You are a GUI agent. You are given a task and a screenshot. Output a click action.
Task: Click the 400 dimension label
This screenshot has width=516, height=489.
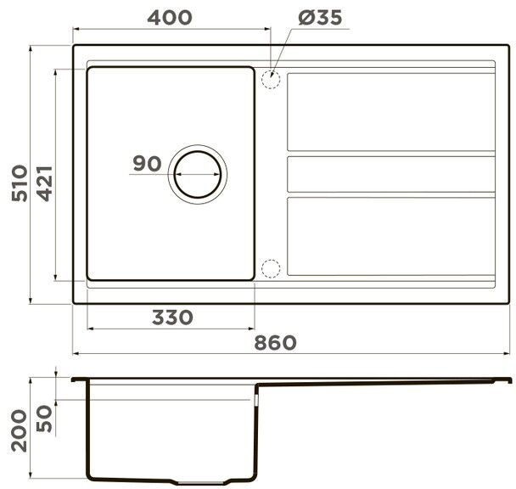click(170, 18)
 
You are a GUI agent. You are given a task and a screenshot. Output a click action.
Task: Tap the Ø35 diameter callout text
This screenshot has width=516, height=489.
click(320, 18)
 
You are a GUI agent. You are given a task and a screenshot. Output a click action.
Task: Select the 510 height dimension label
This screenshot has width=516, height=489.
click(20, 183)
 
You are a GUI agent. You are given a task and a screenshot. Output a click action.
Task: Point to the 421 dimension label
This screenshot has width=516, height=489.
click(44, 183)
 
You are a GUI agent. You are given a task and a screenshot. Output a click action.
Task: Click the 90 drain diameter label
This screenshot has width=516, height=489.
click(147, 163)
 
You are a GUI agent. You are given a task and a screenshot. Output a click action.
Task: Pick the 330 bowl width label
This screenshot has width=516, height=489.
click(172, 318)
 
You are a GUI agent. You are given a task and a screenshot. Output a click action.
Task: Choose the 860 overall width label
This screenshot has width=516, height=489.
click(275, 342)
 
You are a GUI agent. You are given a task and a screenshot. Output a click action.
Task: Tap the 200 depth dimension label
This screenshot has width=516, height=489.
click(19, 430)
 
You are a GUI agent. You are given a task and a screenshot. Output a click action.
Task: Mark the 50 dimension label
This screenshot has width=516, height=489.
click(44, 419)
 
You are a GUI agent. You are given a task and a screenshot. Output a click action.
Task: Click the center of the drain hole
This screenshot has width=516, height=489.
click(198, 174)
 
